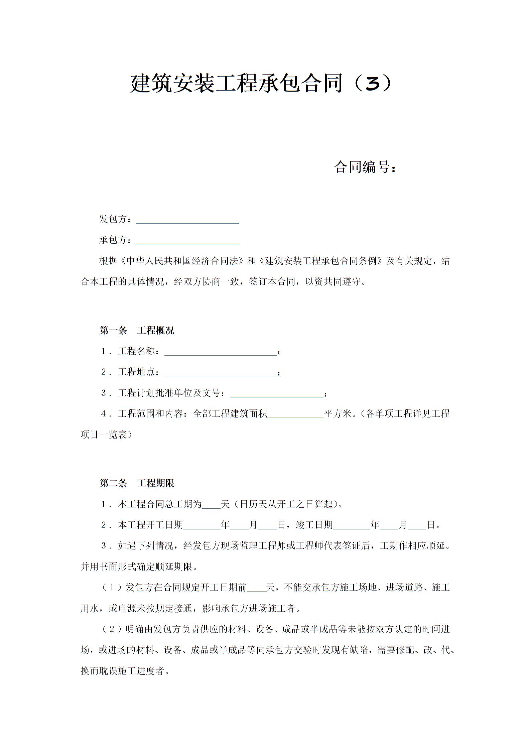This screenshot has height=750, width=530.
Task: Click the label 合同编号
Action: point(362,167)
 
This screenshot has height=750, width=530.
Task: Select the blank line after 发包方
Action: point(187,220)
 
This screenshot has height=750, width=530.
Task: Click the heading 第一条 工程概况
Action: point(137,331)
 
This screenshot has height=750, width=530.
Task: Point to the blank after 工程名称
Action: point(220,352)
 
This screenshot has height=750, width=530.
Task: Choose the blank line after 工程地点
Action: point(220,373)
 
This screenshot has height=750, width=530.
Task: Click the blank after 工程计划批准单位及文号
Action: point(277,394)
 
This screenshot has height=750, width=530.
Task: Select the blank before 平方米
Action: point(295,415)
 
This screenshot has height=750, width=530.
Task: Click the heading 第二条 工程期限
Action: point(137,483)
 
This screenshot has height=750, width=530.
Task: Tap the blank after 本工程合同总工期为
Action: point(211,505)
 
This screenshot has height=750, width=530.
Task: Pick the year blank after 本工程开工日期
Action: point(202,526)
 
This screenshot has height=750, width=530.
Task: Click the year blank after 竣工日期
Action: point(352,526)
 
